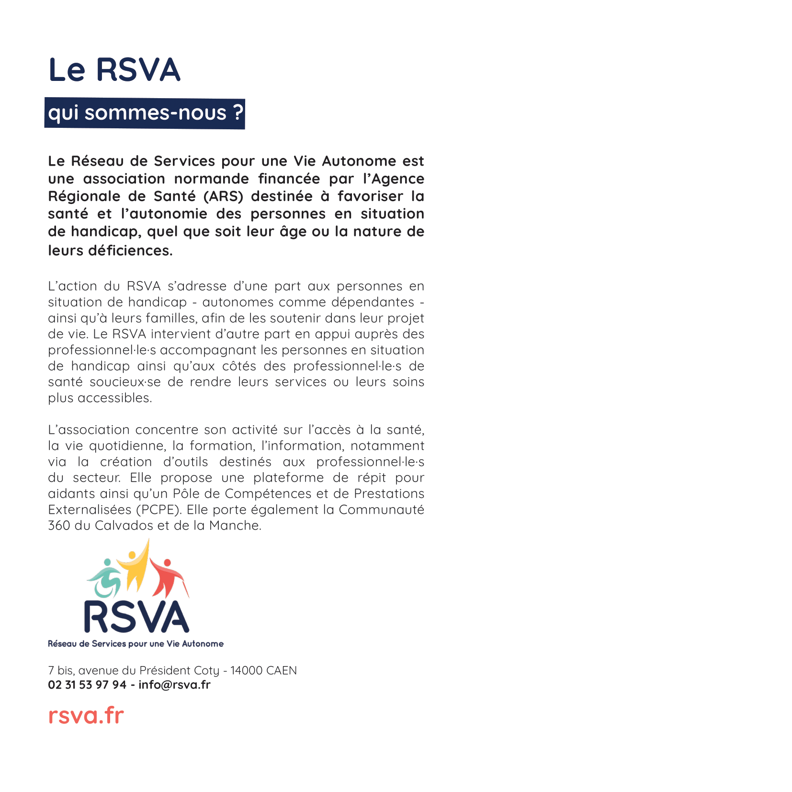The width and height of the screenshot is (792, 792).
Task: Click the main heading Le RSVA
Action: [x=114, y=70]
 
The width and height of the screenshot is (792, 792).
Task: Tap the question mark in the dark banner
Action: [x=238, y=113]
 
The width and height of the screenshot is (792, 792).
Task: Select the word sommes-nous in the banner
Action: [x=155, y=113]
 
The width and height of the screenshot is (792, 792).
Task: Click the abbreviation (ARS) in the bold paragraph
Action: [x=223, y=196]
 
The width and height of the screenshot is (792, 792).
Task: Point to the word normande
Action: [x=211, y=179]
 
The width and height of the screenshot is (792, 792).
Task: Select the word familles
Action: [x=171, y=318]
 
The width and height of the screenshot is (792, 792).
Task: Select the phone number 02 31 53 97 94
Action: [x=87, y=685]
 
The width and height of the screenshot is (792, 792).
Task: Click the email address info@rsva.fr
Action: [x=174, y=685]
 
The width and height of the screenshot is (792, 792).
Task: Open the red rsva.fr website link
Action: [x=86, y=715]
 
